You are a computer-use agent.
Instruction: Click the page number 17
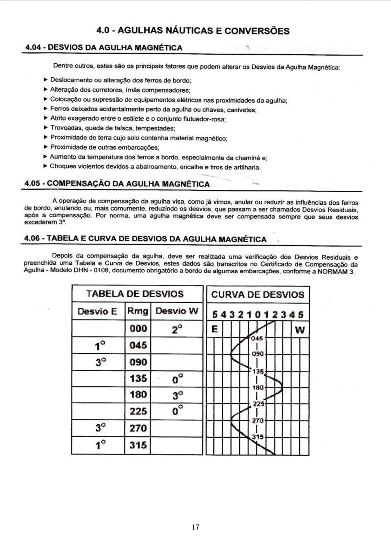click(195, 527)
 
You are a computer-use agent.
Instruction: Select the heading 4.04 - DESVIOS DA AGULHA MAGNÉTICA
click(104, 48)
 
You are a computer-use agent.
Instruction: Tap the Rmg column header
click(138, 311)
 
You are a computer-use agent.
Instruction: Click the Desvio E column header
click(98, 311)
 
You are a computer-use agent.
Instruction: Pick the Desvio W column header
click(177, 311)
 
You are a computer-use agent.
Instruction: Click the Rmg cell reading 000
click(138, 328)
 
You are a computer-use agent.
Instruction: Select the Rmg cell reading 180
click(138, 395)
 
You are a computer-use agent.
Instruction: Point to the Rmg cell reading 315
click(138, 445)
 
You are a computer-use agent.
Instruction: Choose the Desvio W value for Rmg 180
click(178, 395)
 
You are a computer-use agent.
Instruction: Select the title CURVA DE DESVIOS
click(258, 295)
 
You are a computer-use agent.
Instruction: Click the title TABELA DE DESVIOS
click(135, 294)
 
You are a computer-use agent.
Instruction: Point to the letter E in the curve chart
click(214, 329)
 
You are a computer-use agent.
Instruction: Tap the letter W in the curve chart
click(300, 330)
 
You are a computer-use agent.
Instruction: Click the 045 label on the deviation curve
click(257, 338)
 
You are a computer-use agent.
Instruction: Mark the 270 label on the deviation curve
click(258, 421)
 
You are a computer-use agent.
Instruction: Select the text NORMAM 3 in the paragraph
click(336, 271)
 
